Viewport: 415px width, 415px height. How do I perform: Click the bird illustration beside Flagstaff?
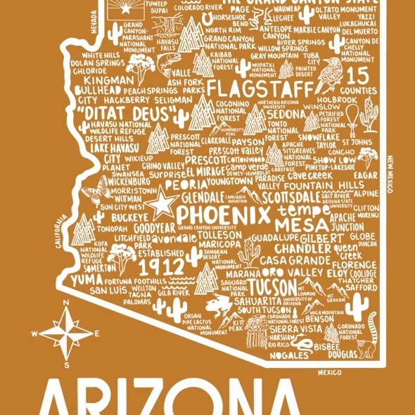[x=328, y=70]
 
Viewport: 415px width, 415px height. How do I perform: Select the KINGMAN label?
[x=104, y=81]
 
